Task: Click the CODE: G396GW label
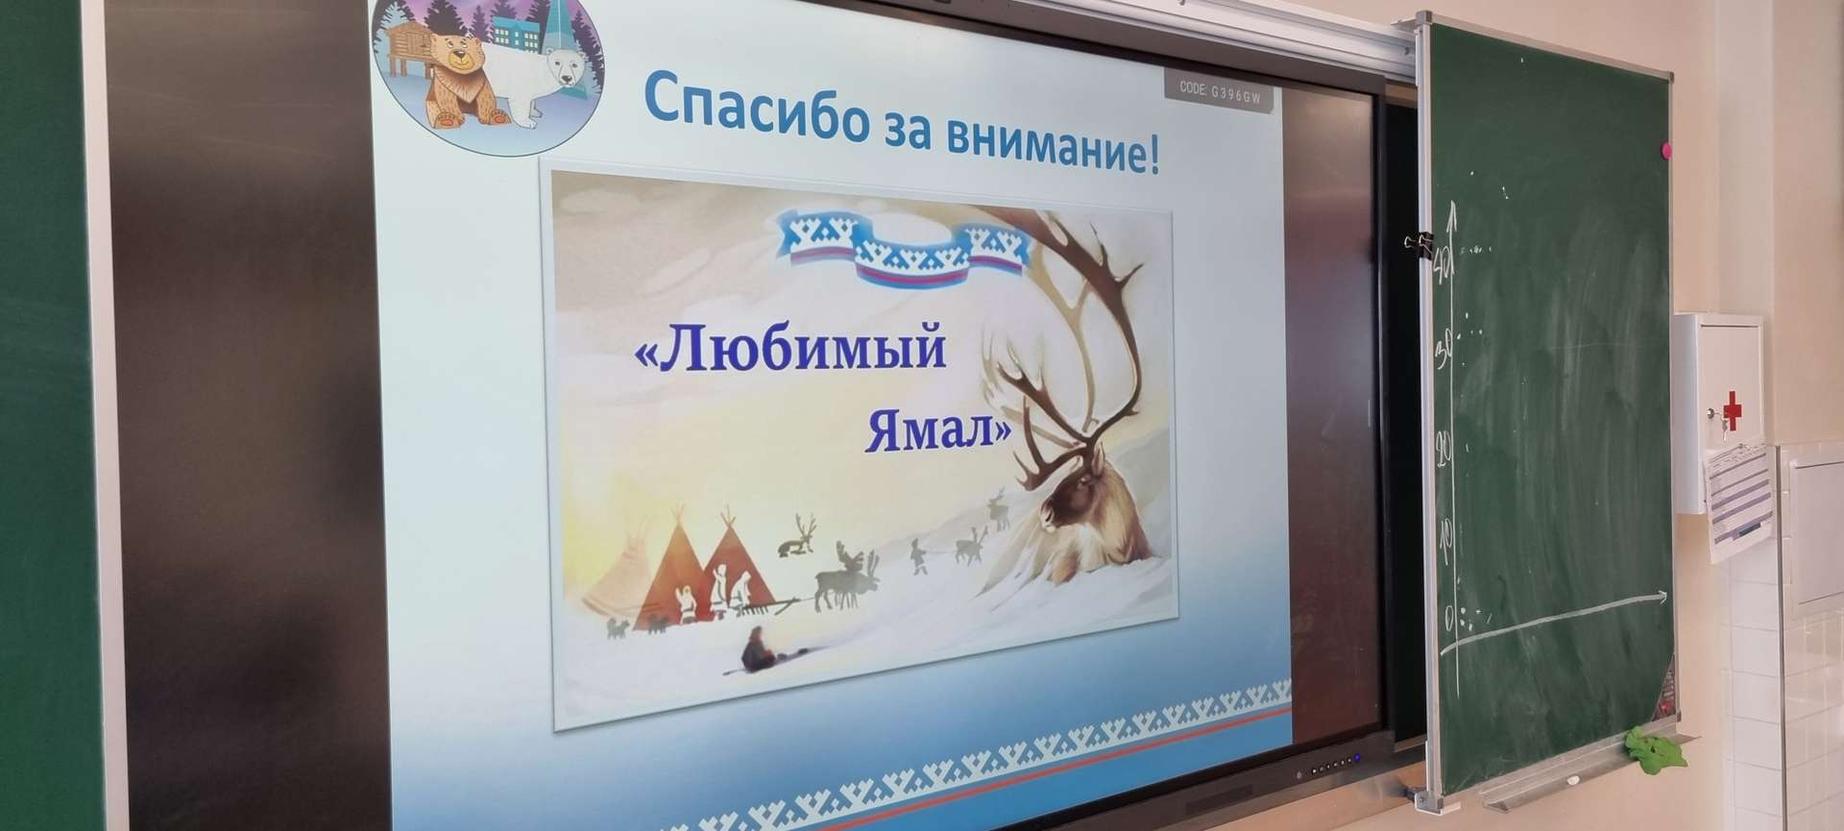1219,90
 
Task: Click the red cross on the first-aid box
1732,408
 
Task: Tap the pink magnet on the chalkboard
1664,149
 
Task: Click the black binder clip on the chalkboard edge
1419,242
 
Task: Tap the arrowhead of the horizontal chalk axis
1662,598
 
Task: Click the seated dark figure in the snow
757,648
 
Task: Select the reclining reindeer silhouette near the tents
793,545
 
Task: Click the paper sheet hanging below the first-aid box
1738,500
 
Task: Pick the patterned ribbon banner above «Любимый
904,245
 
